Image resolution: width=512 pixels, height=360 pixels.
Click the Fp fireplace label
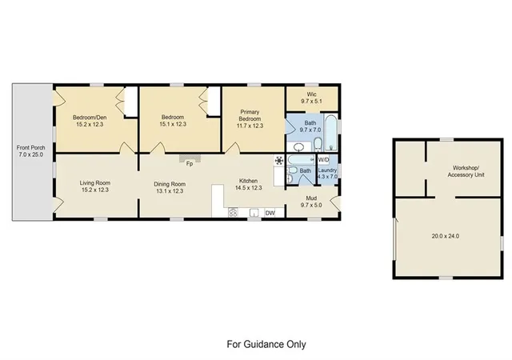point(190,164)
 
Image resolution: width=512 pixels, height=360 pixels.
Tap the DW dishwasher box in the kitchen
point(270,213)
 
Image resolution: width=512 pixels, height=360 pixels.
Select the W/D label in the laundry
point(323,160)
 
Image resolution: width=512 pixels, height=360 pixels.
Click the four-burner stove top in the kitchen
point(233,213)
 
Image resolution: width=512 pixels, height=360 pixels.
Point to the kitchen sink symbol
point(254,213)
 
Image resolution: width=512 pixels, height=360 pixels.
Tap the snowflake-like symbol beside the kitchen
point(279,160)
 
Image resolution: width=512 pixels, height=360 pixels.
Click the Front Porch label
point(30,148)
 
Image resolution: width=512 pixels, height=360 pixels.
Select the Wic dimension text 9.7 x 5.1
point(311,102)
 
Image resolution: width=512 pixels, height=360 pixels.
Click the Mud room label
point(311,198)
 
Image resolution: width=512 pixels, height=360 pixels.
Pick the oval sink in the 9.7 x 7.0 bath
point(298,148)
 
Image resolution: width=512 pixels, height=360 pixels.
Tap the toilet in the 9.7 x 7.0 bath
point(318,144)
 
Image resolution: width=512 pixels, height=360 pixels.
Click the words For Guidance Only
point(266,344)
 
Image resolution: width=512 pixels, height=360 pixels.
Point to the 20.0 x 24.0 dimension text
point(446,236)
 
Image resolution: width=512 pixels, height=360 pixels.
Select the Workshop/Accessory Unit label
point(466,171)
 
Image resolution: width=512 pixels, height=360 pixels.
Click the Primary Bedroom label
point(250,115)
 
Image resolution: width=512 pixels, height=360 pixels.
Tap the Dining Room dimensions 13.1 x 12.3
point(169,191)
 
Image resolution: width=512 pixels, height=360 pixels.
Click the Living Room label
point(94,183)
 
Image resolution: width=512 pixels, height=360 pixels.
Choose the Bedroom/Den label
point(90,118)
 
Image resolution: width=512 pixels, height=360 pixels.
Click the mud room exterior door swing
point(334,203)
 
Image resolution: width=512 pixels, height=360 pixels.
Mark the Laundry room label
point(327,170)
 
